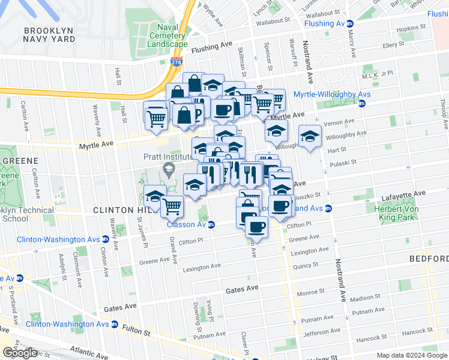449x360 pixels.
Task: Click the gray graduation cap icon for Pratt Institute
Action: [x=170, y=172]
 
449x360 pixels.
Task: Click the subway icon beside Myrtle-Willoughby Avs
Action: [x=361, y=104]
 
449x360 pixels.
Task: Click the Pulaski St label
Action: [x=345, y=162]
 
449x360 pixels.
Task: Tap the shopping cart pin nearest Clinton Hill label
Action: [x=172, y=206]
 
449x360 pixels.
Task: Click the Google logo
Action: [x=20, y=353]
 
